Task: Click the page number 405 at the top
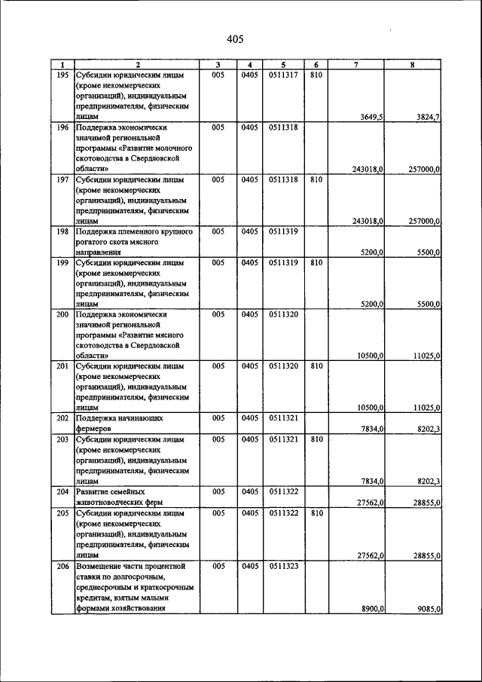235,39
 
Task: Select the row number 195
63,75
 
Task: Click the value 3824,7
428,117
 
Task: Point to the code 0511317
282,75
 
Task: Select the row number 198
63,231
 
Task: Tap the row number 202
63,417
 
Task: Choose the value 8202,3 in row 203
427,481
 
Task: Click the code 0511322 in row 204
282,491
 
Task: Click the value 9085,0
427,608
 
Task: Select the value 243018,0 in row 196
368,170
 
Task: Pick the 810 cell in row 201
316,365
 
